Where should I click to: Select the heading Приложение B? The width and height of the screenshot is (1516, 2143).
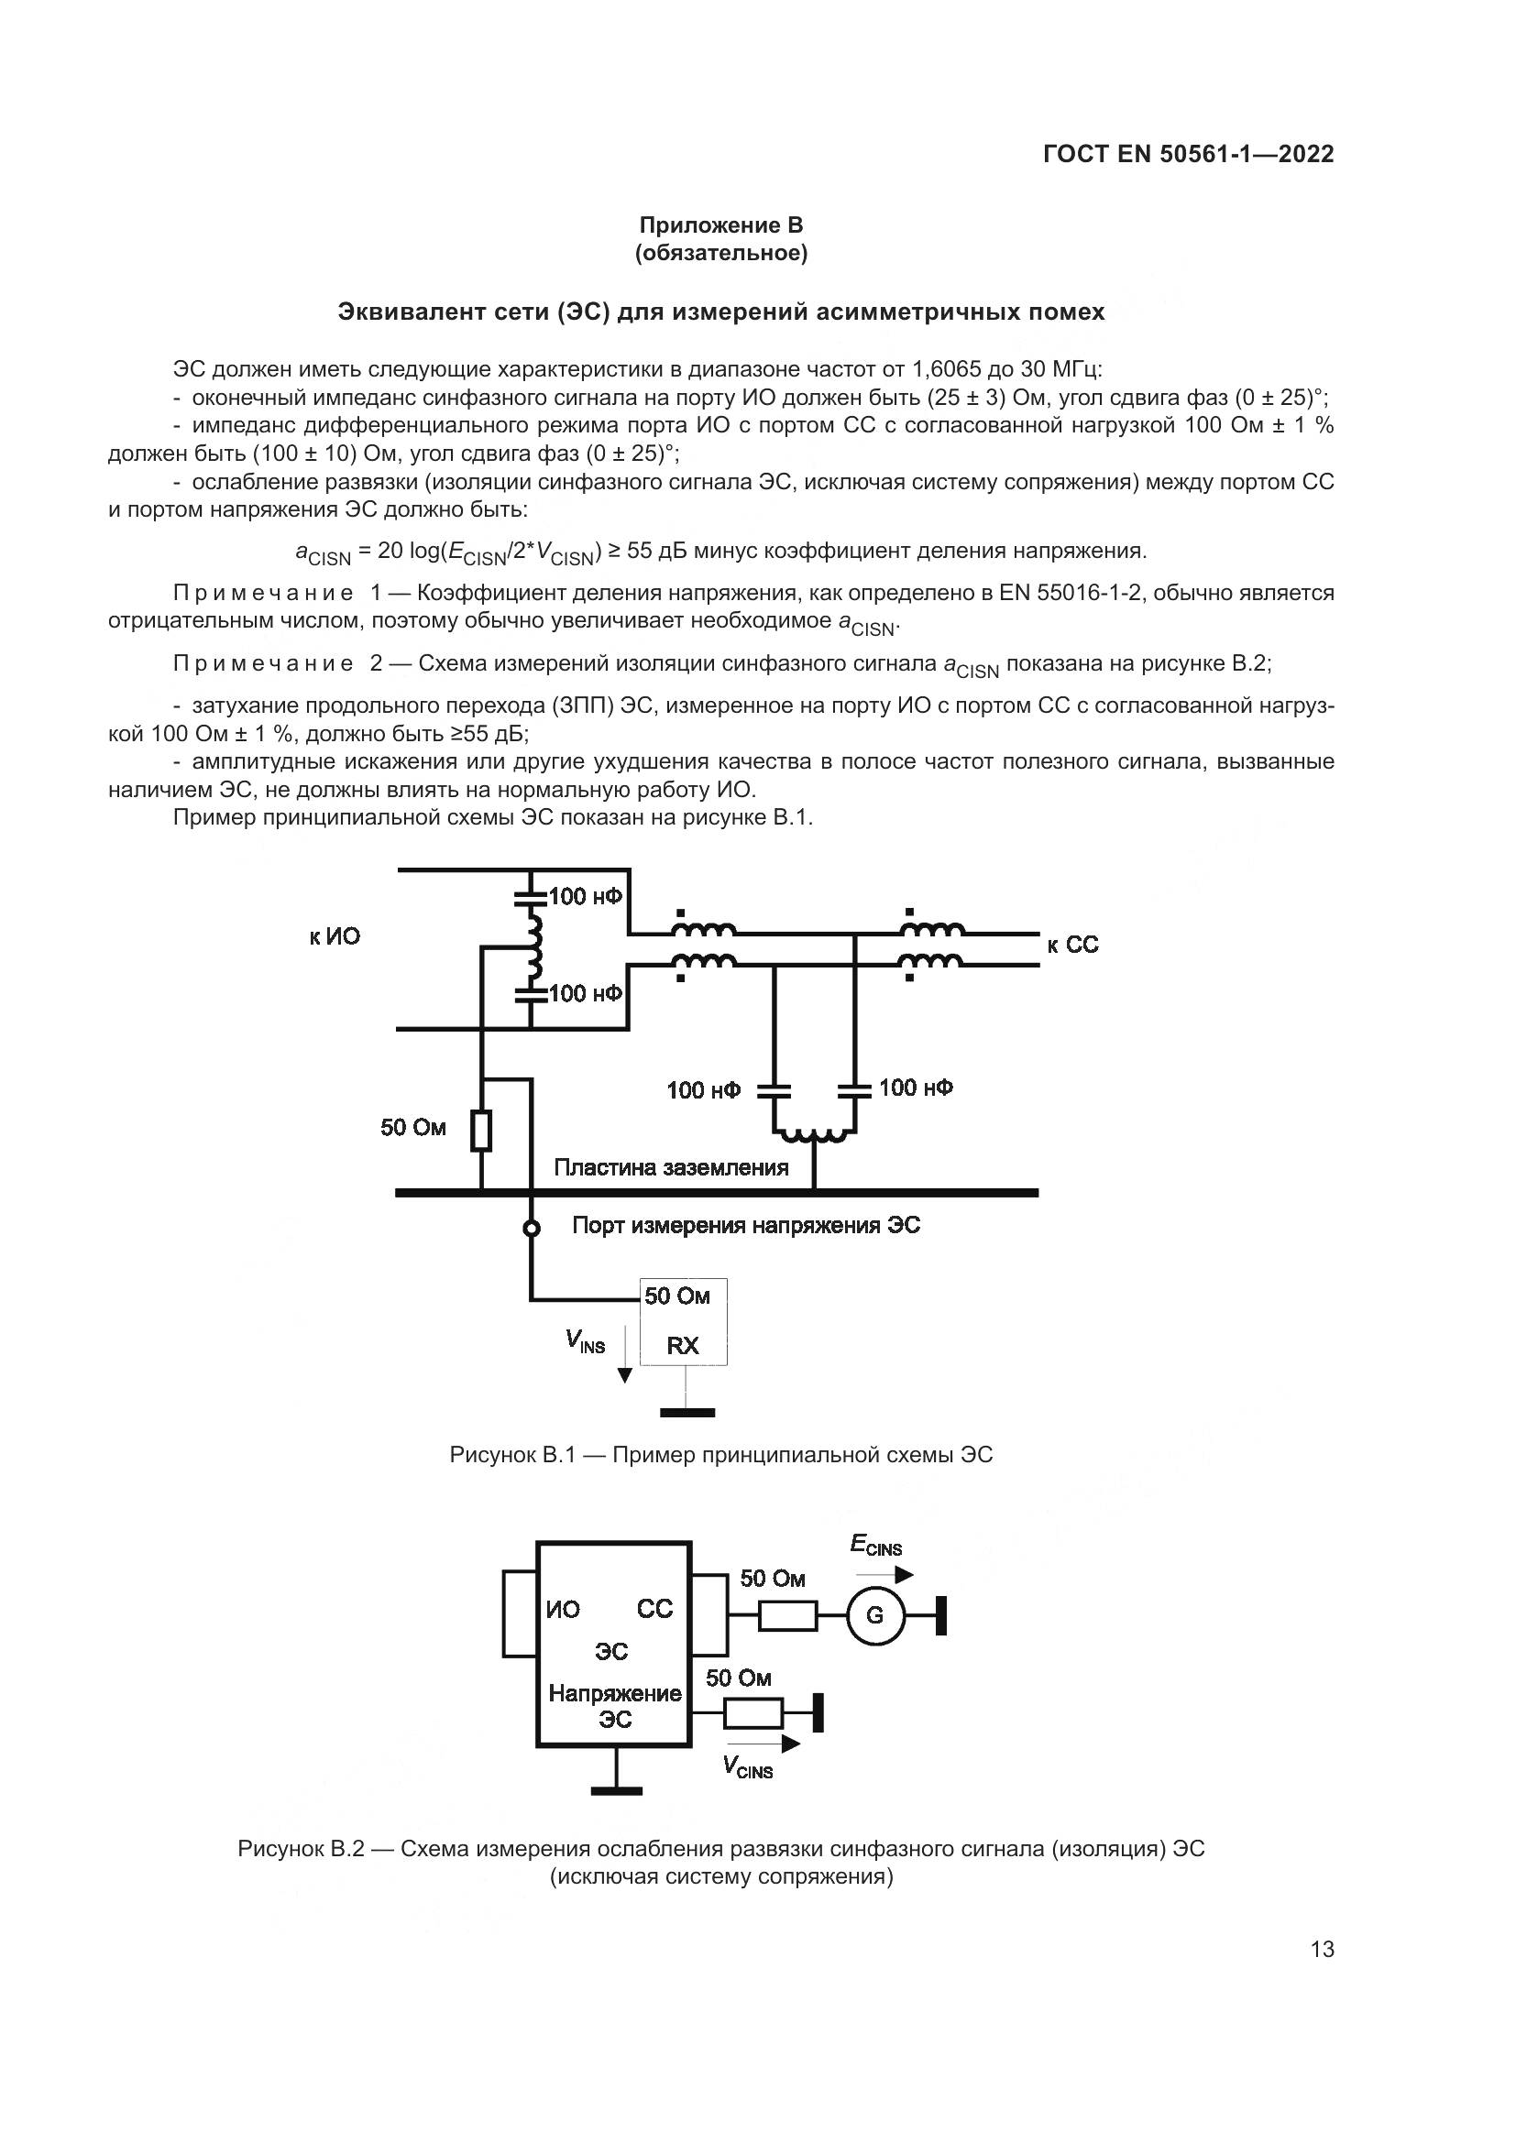(720, 225)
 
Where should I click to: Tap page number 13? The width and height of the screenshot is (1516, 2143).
(1322, 1949)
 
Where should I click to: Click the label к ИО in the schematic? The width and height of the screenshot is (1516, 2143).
(335, 936)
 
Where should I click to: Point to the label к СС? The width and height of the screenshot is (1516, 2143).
(1072, 945)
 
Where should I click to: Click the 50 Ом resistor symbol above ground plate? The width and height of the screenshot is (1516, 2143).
(482, 1131)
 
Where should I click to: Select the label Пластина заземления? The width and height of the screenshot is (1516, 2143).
(670, 1167)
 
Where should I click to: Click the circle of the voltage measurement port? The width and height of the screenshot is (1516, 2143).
(532, 1229)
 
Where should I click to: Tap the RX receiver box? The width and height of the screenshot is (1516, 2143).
(684, 1322)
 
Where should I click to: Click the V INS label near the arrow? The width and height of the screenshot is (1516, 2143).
(586, 1341)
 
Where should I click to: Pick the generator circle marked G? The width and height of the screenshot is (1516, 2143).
(875, 1614)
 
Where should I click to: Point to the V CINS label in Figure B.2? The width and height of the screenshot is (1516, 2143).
(748, 1766)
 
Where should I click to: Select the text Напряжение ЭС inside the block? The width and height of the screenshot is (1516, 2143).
(614, 1706)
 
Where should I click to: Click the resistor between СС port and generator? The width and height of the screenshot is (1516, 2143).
(788, 1615)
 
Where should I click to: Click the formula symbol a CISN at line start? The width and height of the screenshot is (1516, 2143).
(323, 553)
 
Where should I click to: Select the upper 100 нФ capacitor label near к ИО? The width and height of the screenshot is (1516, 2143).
(586, 896)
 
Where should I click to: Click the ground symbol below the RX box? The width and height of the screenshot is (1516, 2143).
(687, 1412)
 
